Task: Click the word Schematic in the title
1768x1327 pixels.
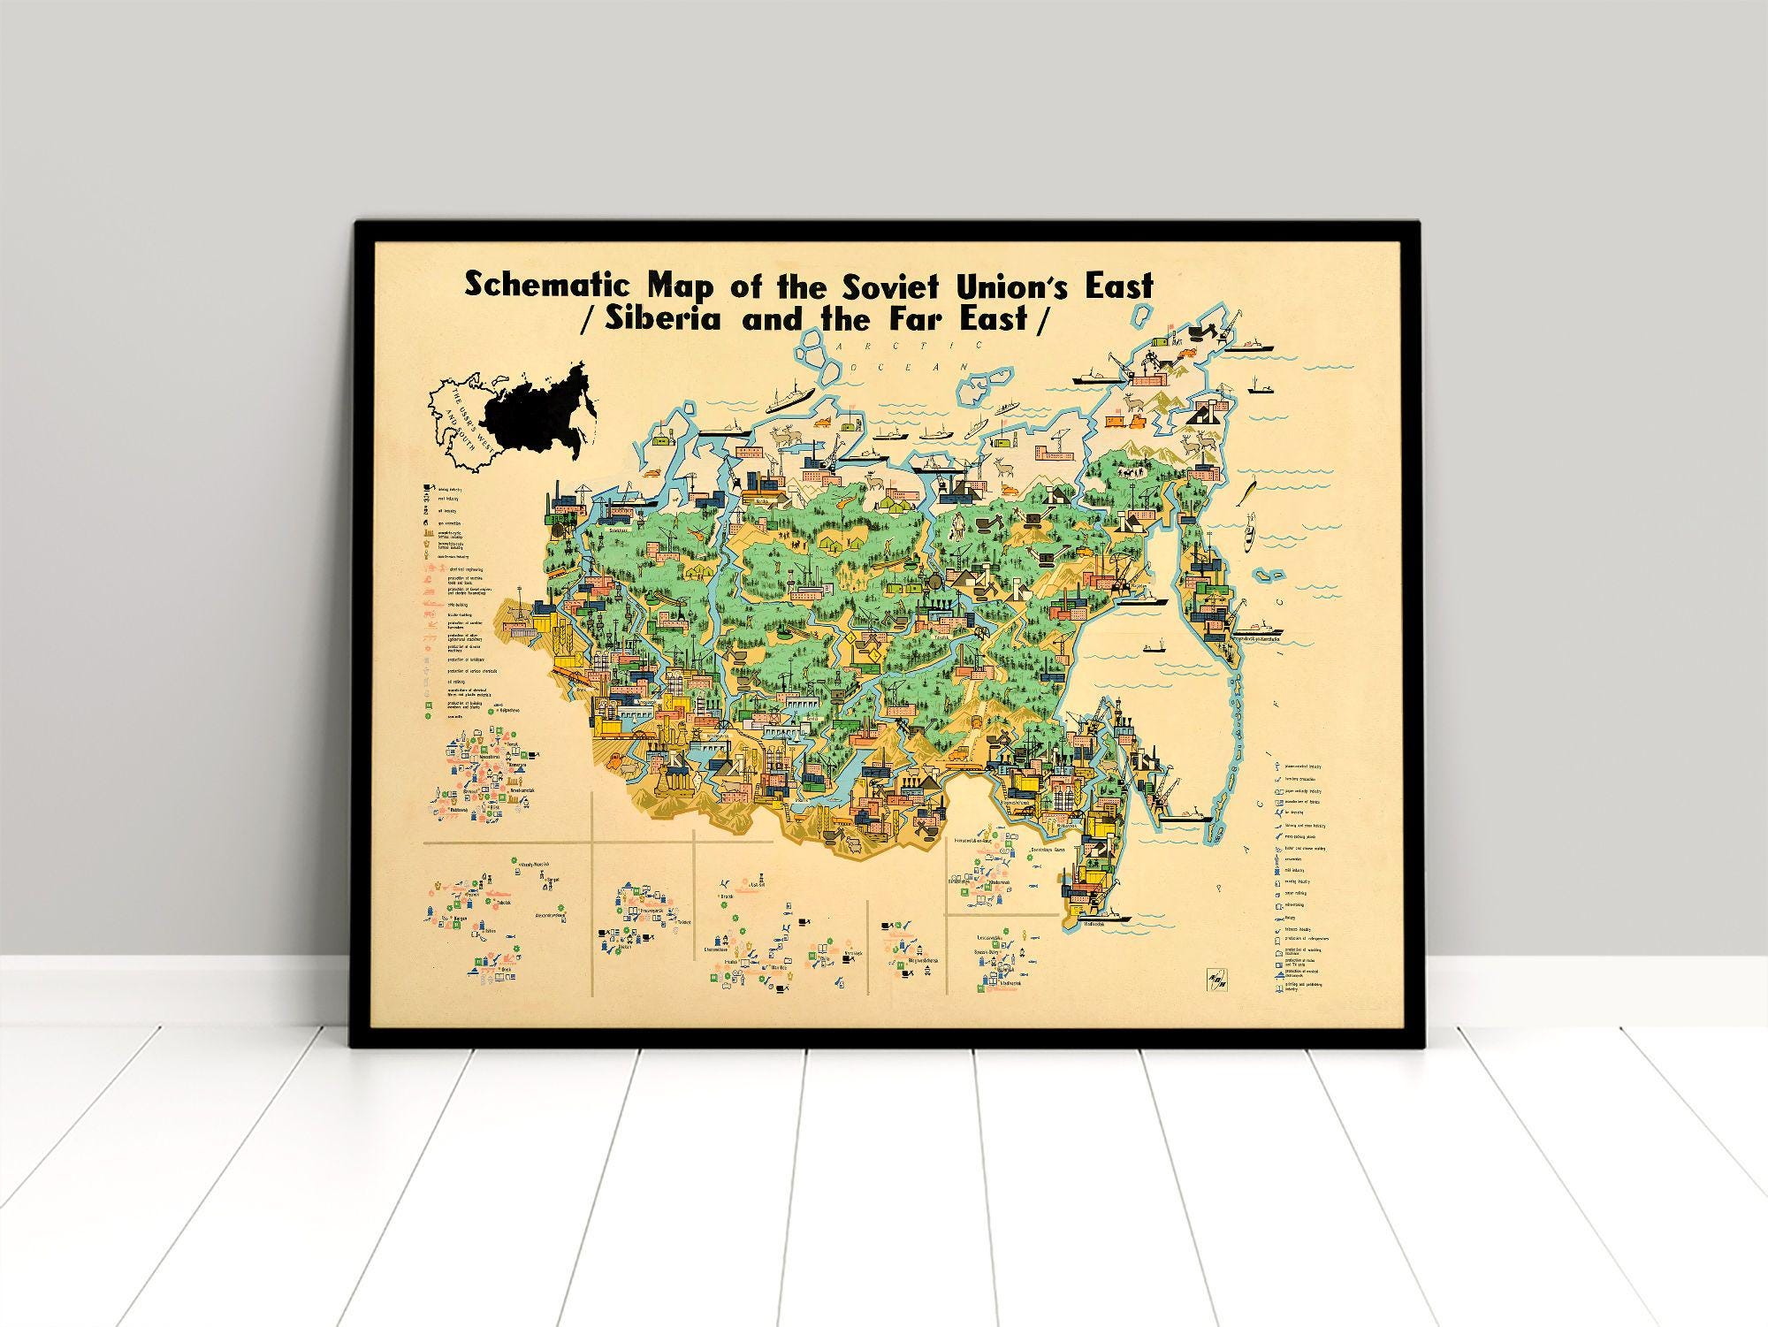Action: [547, 285]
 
